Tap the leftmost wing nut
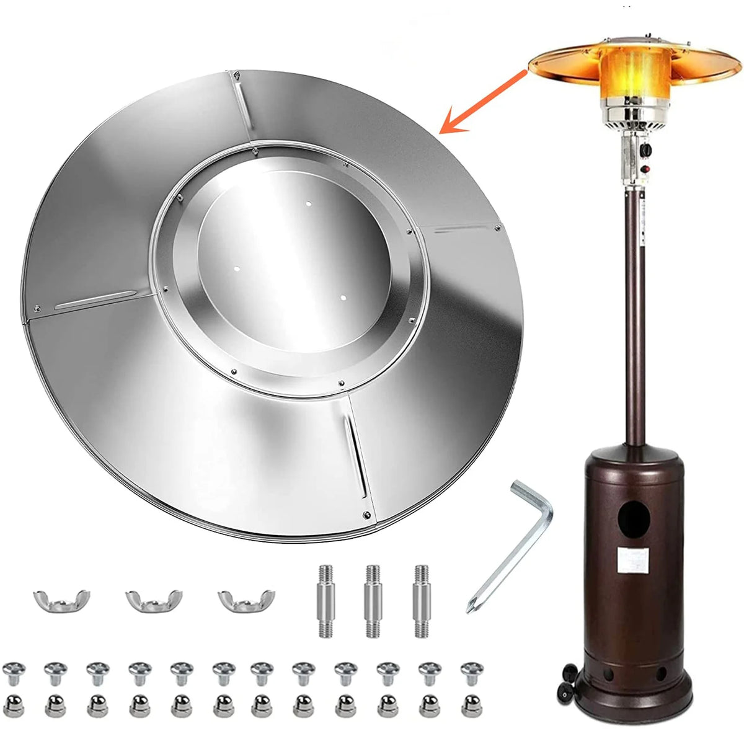tap(61, 600)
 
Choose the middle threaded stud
tap(372, 601)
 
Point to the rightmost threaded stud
tap(422, 601)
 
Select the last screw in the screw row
tap(472, 671)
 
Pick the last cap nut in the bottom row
tap(472, 704)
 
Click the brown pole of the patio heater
tap(634, 310)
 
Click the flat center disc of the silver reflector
tap(291, 260)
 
